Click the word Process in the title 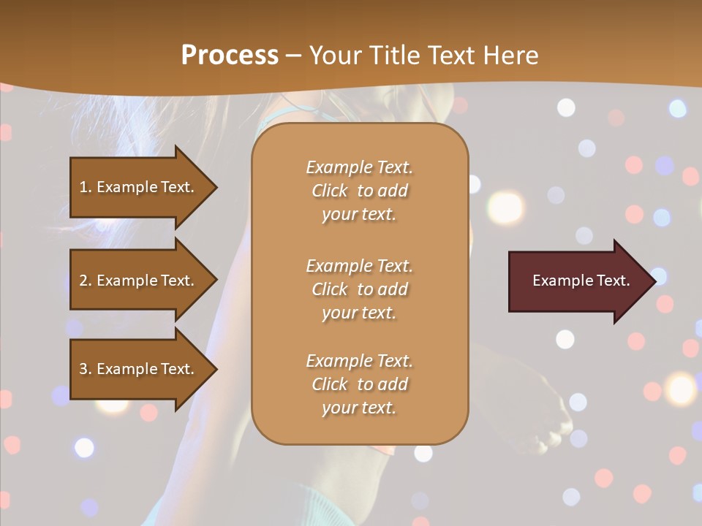point(230,56)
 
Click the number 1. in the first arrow point(86,187)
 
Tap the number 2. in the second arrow point(86,281)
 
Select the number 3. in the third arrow point(86,369)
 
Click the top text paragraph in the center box point(359,191)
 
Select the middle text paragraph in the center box point(359,289)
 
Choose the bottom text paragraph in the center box point(359,384)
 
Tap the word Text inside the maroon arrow point(613,281)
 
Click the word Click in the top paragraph point(330,191)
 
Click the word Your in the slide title point(338,56)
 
